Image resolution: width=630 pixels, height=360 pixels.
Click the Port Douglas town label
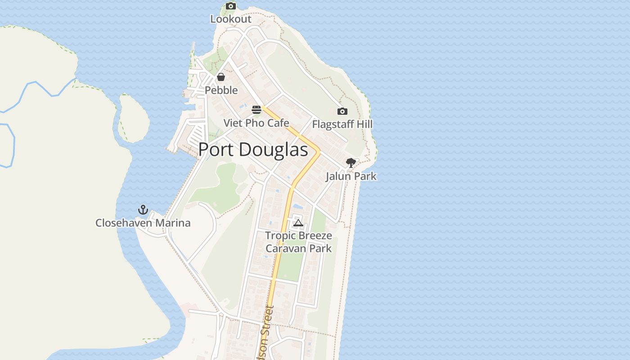253,149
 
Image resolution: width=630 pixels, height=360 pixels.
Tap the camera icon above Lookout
231,6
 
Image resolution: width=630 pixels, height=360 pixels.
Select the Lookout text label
231,19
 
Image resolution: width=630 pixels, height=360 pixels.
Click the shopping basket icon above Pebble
221,77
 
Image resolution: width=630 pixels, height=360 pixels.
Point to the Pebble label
221,90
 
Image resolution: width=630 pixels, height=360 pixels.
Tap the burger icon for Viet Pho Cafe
256,110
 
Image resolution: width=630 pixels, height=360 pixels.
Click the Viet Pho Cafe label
256,123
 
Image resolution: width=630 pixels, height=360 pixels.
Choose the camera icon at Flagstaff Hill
342,111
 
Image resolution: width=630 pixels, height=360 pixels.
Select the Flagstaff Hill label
342,124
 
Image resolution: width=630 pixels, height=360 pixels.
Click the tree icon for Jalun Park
351,163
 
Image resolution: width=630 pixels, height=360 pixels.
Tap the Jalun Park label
351,176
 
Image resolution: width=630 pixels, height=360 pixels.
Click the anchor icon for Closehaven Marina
143,210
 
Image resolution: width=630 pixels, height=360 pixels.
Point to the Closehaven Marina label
143,223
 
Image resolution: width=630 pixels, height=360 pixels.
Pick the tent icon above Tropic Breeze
298,223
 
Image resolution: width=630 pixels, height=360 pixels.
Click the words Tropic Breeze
298,235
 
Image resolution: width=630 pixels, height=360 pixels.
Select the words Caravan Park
298,248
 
